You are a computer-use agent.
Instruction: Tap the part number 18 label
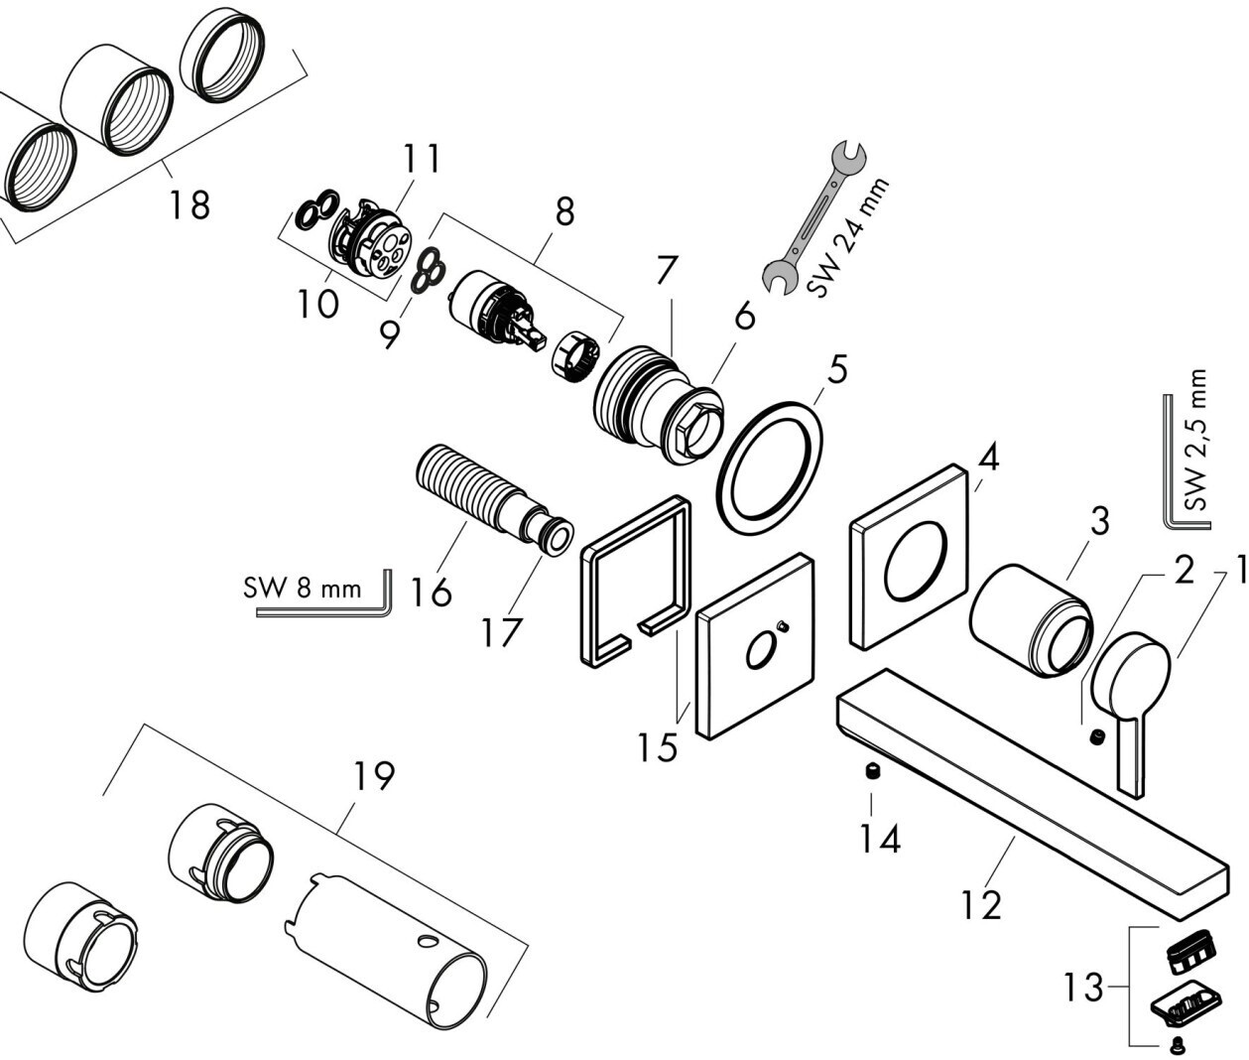click(x=189, y=204)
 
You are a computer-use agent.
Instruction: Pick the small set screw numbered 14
click(x=873, y=773)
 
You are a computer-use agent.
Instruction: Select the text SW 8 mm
click(x=303, y=589)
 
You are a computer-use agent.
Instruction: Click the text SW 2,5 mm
click(x=1198, y=441)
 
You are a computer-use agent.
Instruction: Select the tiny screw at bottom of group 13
click(x=1176, y=1044)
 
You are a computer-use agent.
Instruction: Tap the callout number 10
click(x=317, y=304)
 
